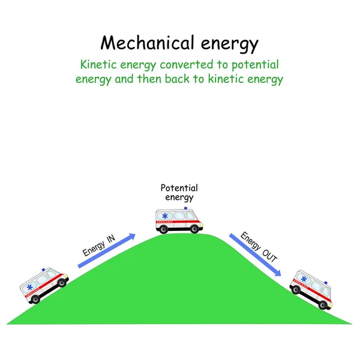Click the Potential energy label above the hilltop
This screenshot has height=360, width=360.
coord(179,192)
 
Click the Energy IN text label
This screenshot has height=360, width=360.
coord(98,247)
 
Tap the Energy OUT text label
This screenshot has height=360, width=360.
coord(259,246)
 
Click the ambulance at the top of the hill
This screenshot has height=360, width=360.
coord(179,220)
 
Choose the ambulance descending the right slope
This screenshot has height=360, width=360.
coord(311,289)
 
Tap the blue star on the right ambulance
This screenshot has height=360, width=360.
coord(304,279)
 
